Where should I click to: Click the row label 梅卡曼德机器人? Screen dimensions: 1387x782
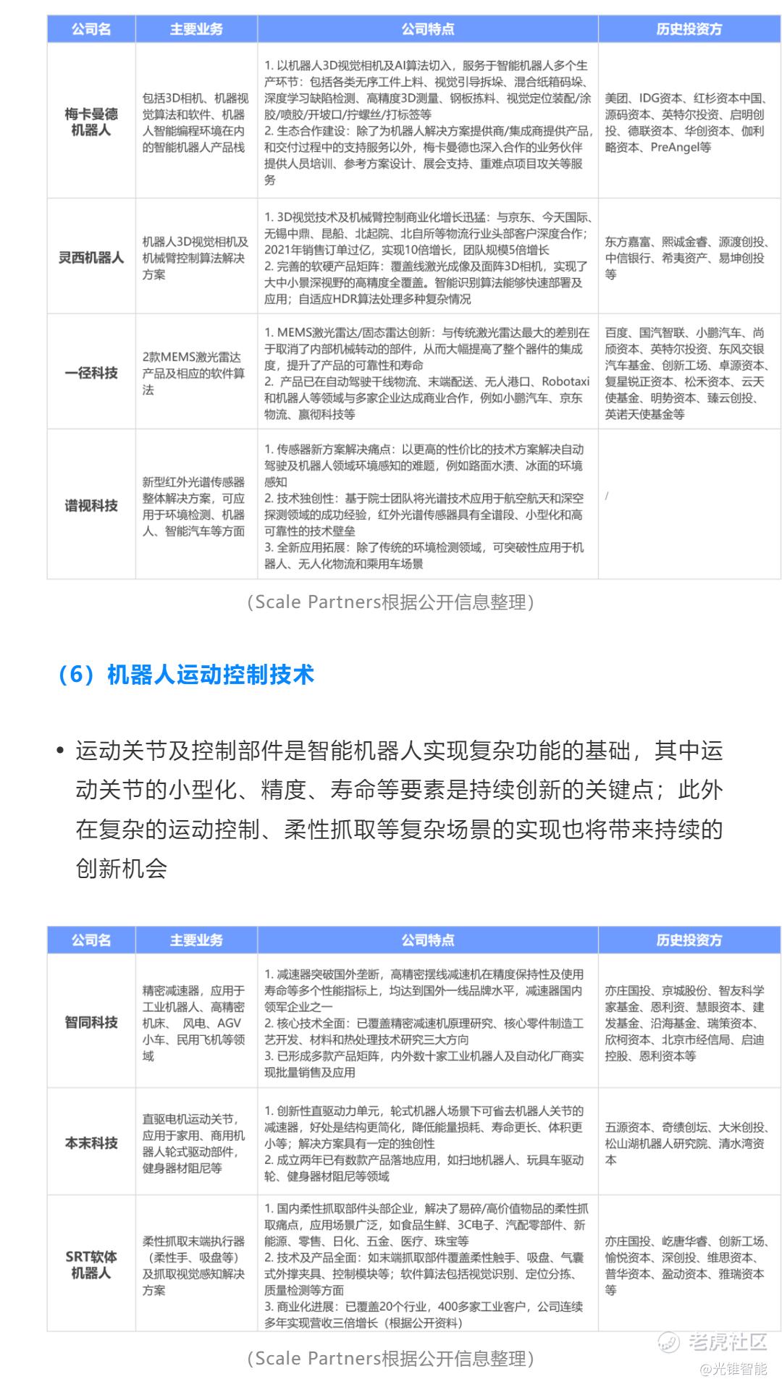(91, 122)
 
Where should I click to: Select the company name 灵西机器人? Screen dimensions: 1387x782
(91, 258)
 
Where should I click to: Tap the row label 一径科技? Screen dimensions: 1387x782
(91, 373)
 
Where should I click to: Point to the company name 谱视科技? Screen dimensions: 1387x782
(91, 505)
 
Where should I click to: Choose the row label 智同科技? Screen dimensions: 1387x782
(91, 1022)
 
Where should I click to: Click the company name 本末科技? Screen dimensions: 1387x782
(91, 1143)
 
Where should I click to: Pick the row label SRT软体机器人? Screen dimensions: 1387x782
(91, 1264)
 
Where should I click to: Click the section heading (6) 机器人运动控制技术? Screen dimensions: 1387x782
(186, 675)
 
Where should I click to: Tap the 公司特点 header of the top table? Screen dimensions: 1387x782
(428, 29)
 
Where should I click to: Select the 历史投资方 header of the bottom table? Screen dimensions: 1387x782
(689, 940)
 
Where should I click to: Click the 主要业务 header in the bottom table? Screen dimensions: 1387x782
(196, 940)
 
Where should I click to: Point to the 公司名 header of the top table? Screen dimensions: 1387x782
(91, 29)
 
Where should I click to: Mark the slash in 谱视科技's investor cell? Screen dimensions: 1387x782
(607, 496)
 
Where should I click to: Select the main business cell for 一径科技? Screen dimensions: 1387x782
(194, 373)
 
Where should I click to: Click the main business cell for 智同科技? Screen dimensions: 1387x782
(194, 1023)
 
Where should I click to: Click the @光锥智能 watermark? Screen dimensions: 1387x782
(732, 1368)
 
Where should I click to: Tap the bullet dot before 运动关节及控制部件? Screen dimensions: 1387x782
(61, 751)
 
